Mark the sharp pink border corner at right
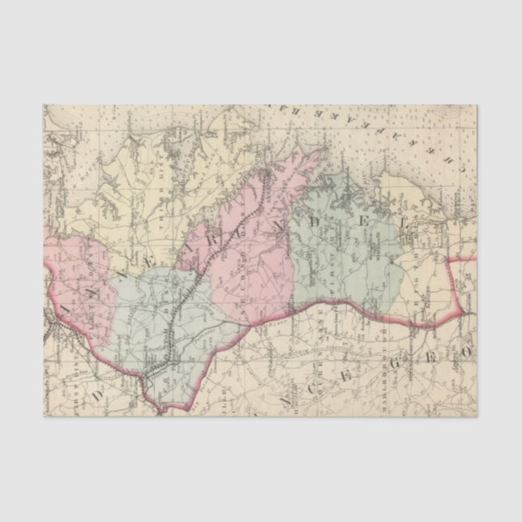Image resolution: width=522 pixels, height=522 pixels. [462, 312]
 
